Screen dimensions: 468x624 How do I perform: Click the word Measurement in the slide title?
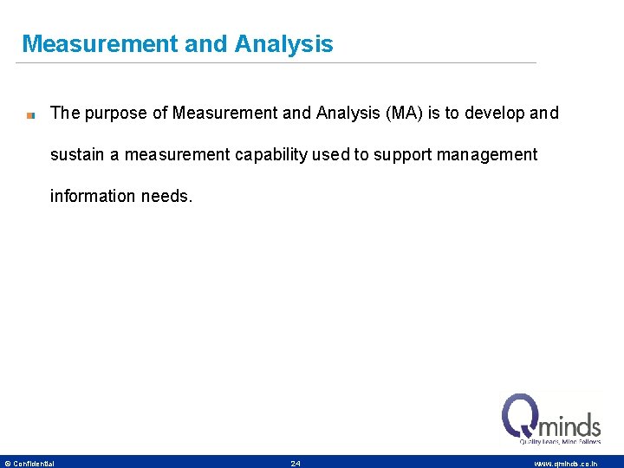(99, 44)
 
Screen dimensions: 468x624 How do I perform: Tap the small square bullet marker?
(30, 114)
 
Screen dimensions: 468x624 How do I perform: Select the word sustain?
(77, 155)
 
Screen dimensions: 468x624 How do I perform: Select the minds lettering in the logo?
(570, 426)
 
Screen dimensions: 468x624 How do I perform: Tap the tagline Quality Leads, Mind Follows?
(560, 442)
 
